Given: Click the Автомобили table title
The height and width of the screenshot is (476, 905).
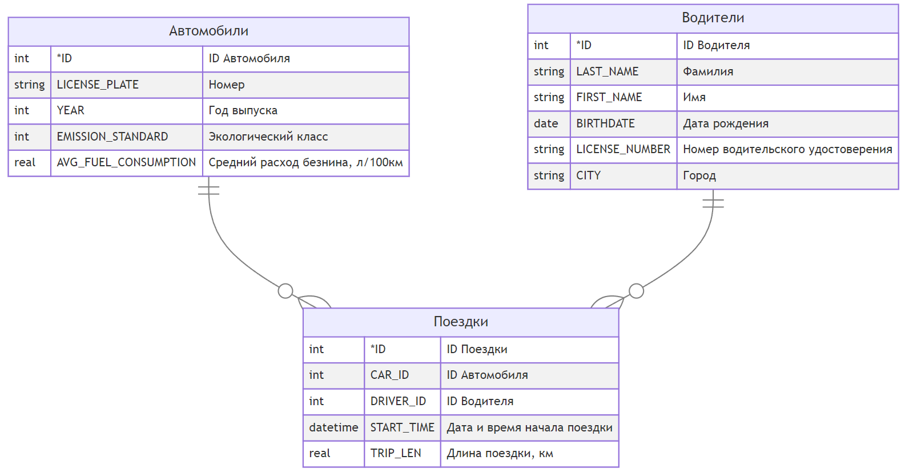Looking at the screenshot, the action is pos(208,31).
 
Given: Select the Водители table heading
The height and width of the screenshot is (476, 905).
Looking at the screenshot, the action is pos(713,18).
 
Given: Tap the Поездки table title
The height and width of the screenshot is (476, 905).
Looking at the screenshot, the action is pos(461,322).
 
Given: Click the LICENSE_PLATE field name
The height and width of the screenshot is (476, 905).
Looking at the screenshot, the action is pos(98,85).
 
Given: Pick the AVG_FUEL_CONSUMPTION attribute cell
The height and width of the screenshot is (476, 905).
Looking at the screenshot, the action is pos(126,163).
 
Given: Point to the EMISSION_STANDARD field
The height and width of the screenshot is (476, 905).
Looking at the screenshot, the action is pos(112,137).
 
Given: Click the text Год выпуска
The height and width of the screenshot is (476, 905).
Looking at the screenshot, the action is pos(243,111).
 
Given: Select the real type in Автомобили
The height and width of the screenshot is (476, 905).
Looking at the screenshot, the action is pos(25,163).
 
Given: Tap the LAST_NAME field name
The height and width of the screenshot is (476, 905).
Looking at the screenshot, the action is pos(608,71).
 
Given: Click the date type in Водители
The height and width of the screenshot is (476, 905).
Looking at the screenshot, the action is pos(546,124).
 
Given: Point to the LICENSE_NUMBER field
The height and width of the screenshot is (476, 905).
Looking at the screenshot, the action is pos(624,150).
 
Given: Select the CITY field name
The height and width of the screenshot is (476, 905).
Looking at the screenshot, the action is pos(589,175).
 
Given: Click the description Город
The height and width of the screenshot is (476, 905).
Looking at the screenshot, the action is pos(699,176).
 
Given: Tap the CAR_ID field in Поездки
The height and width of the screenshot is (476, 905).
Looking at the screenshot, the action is pos(389,375).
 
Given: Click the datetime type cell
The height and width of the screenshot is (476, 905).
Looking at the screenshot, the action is pos(333,427).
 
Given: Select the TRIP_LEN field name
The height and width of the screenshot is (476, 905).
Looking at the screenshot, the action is pos(396,453).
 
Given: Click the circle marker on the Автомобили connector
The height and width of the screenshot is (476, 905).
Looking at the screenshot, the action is pos(285,291).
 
